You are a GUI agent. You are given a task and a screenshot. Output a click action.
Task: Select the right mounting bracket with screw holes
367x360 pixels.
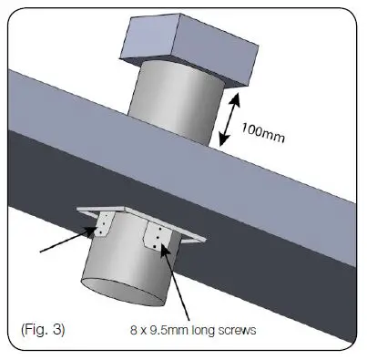(x=158, y=239)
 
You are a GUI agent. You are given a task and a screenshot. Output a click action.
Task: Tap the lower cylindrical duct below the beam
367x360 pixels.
(x=127, y=273)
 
